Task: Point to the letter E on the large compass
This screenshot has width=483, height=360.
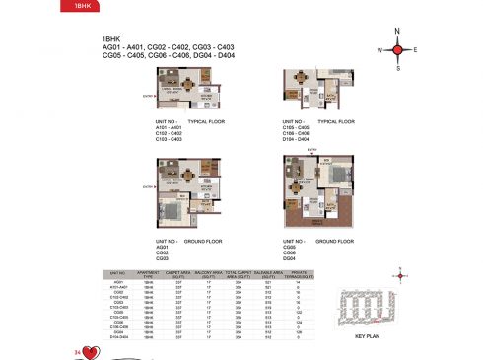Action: click(x=416, y=49)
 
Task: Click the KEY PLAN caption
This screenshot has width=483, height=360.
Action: click(x=367, y=336)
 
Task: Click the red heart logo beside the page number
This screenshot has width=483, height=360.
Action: click(x=91, y=349)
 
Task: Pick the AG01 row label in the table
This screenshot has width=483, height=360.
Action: click(x=119, y=281)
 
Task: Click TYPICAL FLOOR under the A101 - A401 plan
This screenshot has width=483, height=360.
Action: click(x=208, y=122)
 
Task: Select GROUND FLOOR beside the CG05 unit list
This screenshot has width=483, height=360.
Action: click(x=336, y=241)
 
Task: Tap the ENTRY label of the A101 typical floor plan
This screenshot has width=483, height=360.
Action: click(x=147, y=96)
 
